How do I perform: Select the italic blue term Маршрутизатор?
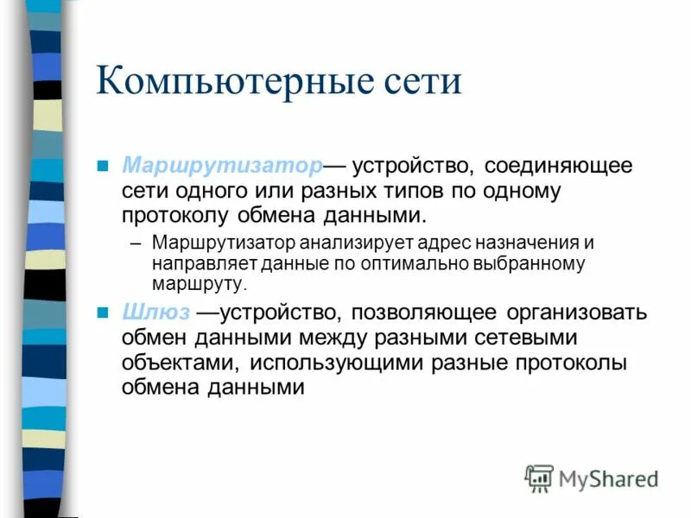222,164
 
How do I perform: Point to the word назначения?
515,243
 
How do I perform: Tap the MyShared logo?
593,477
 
